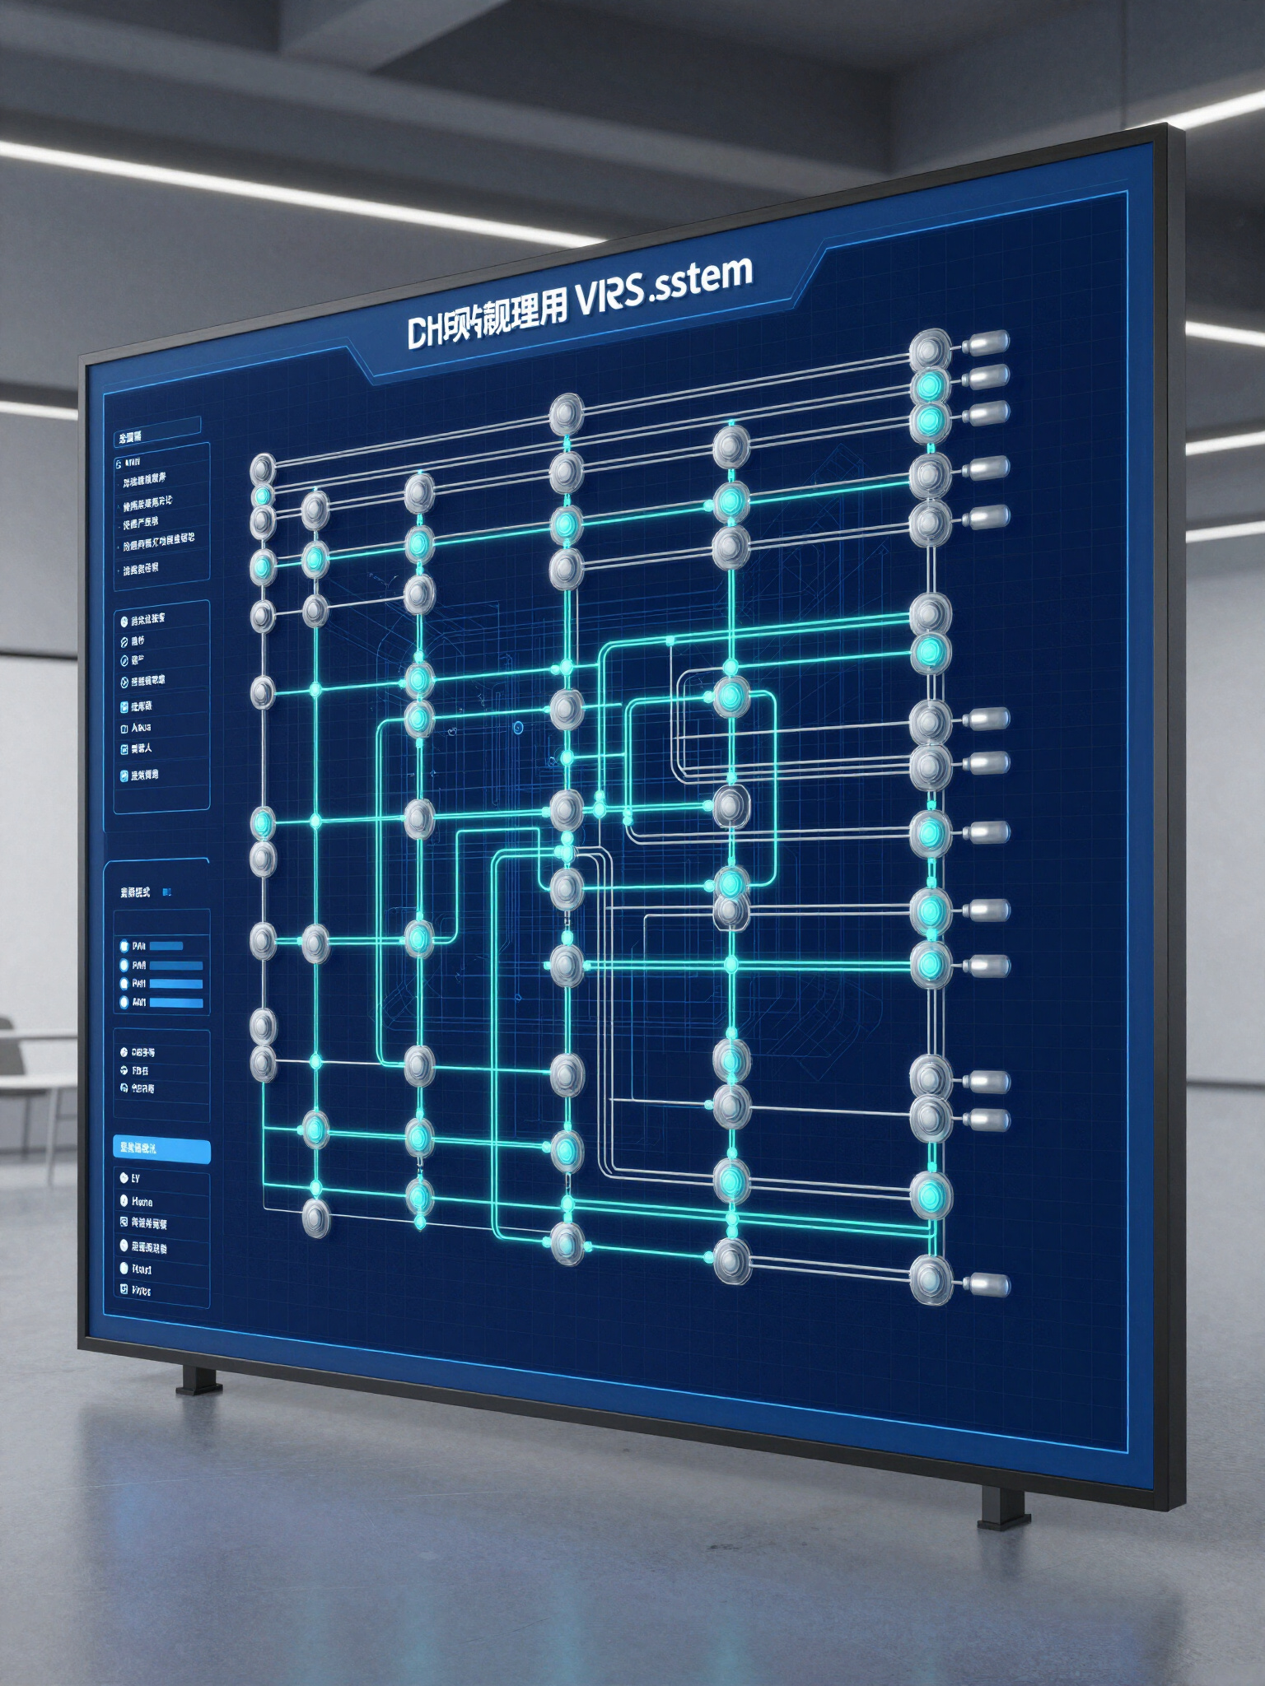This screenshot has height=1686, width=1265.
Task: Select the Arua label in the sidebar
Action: (x=141, y=728)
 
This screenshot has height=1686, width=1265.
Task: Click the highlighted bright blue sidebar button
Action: (x=161, y=1149)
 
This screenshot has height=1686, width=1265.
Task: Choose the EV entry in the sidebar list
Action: (x=135, y=1179)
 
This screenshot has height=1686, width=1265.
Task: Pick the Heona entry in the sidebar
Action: (x=142, y=1202)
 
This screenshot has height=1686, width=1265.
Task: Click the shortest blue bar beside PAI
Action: (x=166, y=946)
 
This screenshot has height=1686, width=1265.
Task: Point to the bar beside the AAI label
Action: (x=175, y=1003)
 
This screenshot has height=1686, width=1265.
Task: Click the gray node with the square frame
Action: (x=730, y=806)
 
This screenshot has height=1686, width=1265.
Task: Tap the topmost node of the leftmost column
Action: (x=263, y=468)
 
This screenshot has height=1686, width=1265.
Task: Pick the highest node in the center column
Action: (x=567, y=412)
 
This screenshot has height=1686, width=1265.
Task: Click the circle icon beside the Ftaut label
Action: (x=124, y=1269)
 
